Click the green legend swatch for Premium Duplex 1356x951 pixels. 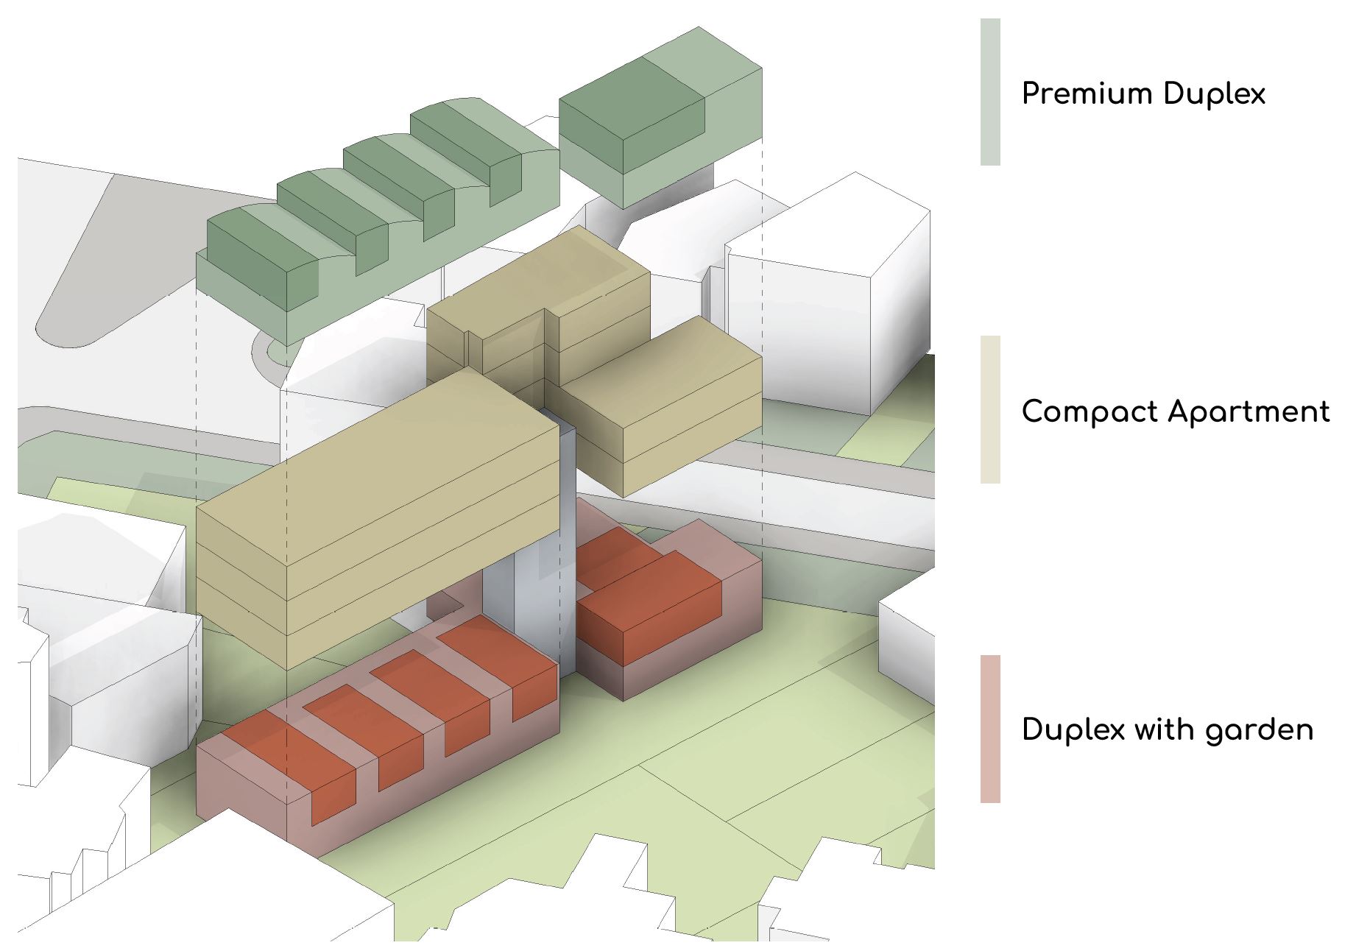[x=990, y=92]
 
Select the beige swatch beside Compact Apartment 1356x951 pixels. [x=990, y=409]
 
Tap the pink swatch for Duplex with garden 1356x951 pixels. [x=990, y=729]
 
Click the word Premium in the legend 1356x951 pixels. [x=1087, y=94]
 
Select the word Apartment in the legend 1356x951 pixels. [x=1251, y=412]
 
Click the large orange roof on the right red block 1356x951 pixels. [x=648, y=596]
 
